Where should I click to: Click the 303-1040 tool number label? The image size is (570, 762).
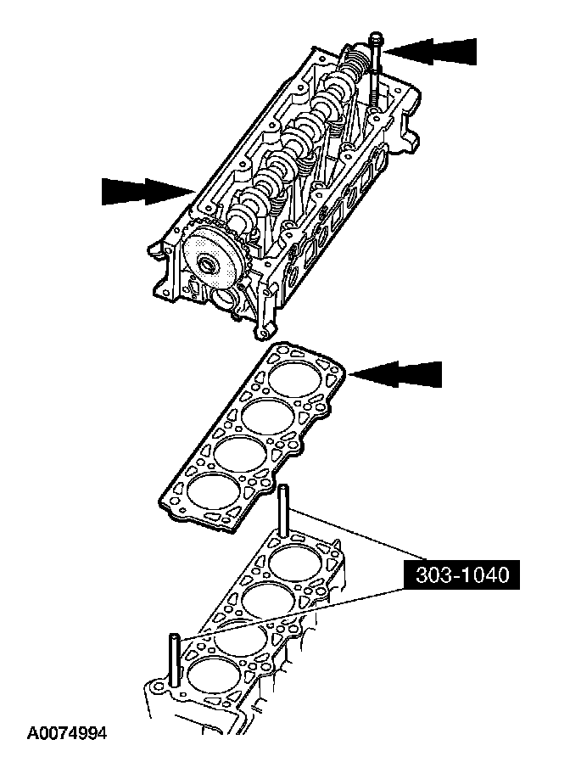[462, 576]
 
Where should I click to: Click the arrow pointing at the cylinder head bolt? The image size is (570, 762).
[433, 51]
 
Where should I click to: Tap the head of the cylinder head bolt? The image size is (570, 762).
[376, 38]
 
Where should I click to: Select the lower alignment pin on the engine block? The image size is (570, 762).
[174, 658]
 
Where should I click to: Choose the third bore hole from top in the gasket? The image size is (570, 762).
[238, 452]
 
